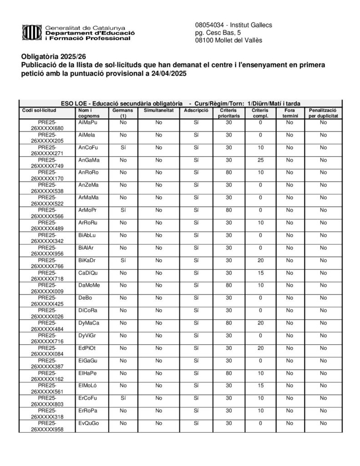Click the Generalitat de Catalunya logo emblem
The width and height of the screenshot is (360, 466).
click(x=31, y=32)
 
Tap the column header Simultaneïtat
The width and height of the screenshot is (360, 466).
click(x=158, y=111)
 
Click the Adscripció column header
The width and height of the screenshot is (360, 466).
click(x=196, y=111)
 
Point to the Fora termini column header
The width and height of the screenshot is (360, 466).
click(x=289, y=113)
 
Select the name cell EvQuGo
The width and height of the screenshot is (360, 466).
click(x=89, y=423)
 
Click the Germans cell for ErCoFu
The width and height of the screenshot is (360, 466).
click(x=123, y=398)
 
